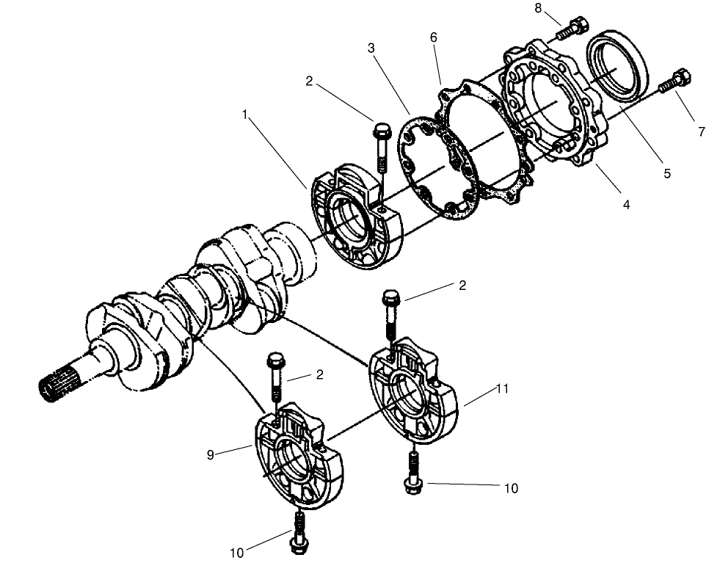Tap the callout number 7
coord(701,132)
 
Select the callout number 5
coord(666,174)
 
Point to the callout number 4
coord(625,205)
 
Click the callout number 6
coord(433,37)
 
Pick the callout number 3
coord(372,48)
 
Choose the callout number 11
coord(502,389)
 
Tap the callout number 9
coord(211,454)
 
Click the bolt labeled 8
coord(571,28)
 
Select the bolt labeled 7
coord(675,80)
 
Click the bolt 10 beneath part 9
coord(299,533)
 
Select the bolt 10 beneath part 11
coord(412,473)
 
